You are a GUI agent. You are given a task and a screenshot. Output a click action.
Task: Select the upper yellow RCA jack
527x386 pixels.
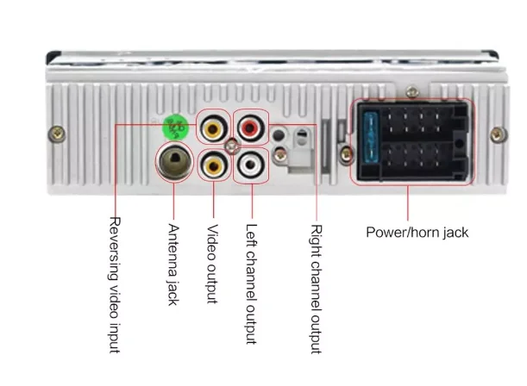213,128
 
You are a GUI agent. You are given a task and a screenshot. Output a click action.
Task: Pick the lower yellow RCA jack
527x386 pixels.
213,165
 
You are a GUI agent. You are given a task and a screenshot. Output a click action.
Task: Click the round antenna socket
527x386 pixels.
174,161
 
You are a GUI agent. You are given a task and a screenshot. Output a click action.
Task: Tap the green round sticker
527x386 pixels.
175,127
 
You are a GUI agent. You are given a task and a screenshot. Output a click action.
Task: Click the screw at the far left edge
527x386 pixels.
58,134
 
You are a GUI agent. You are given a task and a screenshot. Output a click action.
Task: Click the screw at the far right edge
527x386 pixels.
498,134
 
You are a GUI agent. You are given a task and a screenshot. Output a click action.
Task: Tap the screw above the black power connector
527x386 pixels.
412,91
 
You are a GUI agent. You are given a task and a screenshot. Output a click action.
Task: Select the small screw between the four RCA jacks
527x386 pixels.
232,146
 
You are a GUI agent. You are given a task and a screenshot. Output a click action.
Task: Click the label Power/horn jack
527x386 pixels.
417,233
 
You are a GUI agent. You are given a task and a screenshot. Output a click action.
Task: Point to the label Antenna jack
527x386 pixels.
173,265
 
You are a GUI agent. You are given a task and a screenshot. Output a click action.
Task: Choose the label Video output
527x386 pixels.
212,264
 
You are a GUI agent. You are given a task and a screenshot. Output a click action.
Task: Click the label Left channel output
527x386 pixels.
251,284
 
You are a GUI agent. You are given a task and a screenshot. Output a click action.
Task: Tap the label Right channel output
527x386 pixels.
316,289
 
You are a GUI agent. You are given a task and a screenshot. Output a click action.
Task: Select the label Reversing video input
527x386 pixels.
115,284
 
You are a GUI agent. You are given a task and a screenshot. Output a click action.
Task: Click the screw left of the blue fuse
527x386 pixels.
346,154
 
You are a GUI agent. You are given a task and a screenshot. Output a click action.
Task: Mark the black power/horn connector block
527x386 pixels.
412,141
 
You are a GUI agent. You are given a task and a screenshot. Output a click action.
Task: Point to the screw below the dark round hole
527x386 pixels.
279,155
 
